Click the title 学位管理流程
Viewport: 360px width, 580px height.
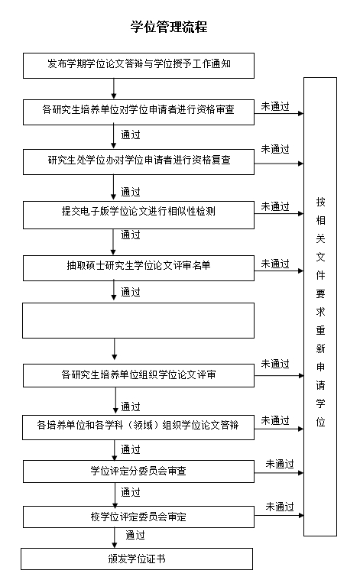169,27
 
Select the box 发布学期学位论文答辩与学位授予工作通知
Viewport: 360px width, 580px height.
138,66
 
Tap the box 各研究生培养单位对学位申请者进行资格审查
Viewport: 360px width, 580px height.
138,112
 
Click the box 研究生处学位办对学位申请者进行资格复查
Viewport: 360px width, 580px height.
138,162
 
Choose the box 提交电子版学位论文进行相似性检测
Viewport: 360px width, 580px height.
138,215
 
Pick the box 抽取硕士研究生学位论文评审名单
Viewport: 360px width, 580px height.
138,267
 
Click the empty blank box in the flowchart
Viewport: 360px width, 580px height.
138,320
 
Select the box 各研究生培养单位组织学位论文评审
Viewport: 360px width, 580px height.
138,375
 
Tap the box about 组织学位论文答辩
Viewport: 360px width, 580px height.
138,427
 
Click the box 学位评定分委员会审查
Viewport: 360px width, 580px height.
138,471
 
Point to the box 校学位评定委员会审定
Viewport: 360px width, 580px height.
138,517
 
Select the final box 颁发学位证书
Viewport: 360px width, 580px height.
137,559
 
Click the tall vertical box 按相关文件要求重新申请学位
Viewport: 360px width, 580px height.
320,306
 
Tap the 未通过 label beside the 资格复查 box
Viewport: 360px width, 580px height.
275,150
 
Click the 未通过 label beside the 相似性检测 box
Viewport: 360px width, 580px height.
275,207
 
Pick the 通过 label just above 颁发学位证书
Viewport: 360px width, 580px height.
135,535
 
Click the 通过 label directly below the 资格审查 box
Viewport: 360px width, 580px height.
131,134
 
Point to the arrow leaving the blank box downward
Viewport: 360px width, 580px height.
115,349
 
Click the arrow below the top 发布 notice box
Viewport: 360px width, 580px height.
114,89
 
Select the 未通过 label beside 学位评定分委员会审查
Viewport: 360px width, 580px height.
279,464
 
